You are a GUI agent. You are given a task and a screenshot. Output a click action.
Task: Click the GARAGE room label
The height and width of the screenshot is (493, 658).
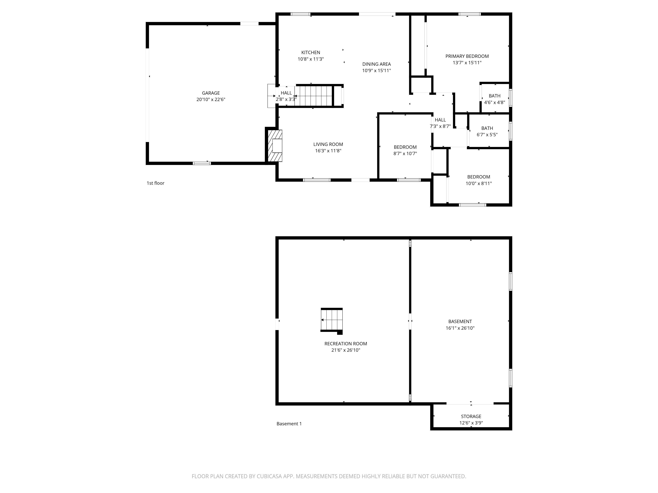(211, 93)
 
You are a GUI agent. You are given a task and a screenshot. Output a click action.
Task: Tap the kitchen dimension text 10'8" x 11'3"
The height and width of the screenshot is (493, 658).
(311, 59)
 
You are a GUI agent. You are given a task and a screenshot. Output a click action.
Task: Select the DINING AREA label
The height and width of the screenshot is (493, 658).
(376, 64)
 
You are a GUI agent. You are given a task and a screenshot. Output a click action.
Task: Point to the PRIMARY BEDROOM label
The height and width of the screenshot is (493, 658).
(467, 56)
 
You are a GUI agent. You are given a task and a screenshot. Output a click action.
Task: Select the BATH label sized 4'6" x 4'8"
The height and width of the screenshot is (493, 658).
(494, 96)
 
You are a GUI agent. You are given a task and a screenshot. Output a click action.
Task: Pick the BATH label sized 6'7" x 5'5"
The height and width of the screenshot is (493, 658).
(487, 128)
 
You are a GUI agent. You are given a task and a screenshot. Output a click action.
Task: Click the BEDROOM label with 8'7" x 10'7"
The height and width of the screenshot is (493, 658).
(405, 147)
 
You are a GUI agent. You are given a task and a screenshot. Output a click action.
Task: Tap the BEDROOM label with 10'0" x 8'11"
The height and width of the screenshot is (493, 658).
(478, 177)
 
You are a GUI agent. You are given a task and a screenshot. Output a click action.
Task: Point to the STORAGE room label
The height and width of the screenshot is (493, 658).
(471, 416)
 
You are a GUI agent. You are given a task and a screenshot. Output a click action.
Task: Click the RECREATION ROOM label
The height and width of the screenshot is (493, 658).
(345, 343)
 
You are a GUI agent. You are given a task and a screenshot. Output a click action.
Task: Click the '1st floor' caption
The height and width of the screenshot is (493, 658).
(155, 183)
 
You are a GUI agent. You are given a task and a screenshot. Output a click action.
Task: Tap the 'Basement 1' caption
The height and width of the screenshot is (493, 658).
(289, 424)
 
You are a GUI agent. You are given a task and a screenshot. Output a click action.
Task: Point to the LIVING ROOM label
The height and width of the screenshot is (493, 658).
(328, 144)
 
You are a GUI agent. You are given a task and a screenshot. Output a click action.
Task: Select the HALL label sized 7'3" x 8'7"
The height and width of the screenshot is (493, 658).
(440, 120)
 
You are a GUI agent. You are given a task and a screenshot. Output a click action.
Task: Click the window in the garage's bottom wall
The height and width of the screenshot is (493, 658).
(202, 163)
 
